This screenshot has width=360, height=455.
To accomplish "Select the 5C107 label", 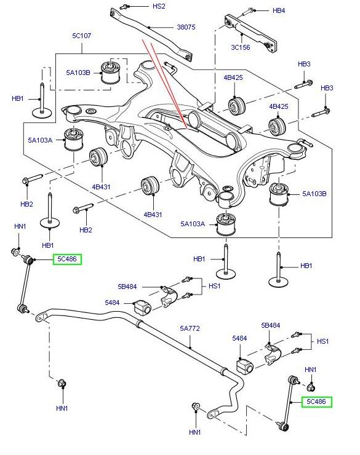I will [x=81, y=36].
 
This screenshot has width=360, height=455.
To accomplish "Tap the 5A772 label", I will [x=190, y=329].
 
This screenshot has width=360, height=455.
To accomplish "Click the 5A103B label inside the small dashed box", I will [x=78, y=73].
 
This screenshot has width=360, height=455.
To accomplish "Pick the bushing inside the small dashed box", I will [x=112, y=72].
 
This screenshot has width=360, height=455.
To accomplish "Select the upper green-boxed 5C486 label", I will [x=66, y=259].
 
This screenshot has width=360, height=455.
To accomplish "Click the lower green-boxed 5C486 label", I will [x=316, y=402].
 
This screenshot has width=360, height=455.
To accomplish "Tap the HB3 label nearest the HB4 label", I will [x=304, y=64].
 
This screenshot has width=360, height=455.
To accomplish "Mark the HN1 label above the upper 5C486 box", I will [x=20, y=227].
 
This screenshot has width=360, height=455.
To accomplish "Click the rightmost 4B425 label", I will [x=279, y=106].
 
